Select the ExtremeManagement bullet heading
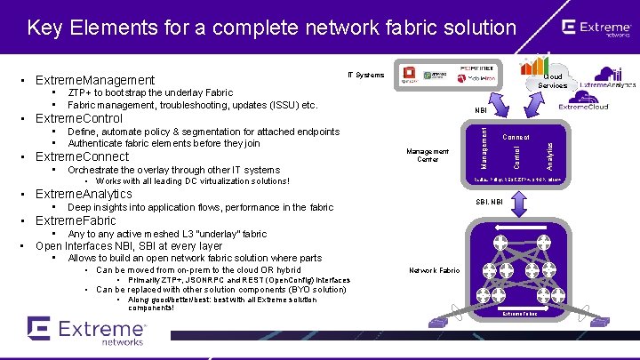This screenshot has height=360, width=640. click(x=94, y=80)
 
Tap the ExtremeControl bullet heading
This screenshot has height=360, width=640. click(x=78, y=118)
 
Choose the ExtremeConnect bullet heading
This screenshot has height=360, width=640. click(x=82, y=157)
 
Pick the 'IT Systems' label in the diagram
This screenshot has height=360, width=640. click(x=365, y=75)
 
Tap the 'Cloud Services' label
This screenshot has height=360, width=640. click(x=552, y=81)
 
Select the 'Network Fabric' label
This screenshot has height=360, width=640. click(x=435, y=269)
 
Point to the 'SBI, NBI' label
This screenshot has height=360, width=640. click(x=489, y=202)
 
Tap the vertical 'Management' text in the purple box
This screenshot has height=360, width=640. click(x=484, y=147)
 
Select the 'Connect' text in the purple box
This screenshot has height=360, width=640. click(x=516, y=137)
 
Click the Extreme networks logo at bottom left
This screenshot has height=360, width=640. click(x=86, y=331)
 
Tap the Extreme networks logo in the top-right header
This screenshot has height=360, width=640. click(x=596, y=29)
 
